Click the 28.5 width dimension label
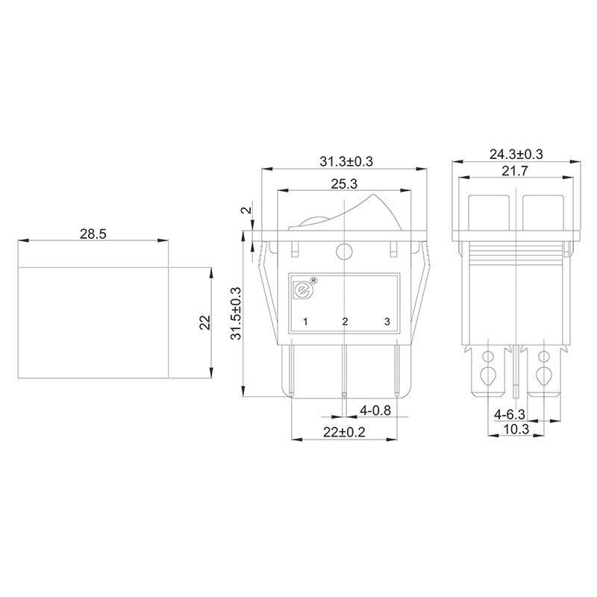(93, 234)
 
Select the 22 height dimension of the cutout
(205, 322)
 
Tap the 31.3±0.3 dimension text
(346, 161)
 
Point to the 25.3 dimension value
(344, 184)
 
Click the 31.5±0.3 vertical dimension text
(236, 313)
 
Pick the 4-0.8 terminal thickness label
(375, 410)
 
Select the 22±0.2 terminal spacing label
(344, 432)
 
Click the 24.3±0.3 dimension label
(516, 154)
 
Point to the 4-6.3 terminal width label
(510, 414)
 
